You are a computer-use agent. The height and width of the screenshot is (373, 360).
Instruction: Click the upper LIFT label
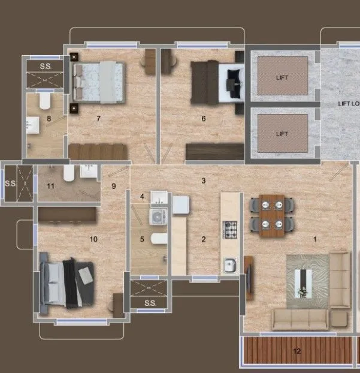click(282, 78)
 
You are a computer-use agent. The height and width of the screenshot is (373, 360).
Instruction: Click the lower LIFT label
click(282, 134)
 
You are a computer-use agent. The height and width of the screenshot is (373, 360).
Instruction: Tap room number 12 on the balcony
click(297, 351)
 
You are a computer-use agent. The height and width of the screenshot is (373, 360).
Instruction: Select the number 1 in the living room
click(316, 239)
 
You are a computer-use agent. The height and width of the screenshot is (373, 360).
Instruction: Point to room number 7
click(98, 119)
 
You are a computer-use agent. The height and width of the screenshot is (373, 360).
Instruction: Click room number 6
click(203, 119)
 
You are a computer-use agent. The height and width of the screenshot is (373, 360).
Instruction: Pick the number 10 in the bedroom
click(93, 239)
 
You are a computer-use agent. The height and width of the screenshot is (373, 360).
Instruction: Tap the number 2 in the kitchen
click(204, 240)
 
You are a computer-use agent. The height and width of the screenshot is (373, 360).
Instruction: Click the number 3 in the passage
click(204, 181)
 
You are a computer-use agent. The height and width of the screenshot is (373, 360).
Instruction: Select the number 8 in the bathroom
click(49, 119)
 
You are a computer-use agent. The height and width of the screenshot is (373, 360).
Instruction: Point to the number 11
click(51, 186)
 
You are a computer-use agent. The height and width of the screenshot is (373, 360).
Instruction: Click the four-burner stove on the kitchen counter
click(231, 227)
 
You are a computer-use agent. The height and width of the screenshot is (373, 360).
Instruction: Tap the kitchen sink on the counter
click(230, 263)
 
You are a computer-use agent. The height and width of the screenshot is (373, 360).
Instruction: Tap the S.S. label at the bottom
click(150, 303)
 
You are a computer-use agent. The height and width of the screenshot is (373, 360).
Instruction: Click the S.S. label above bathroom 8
click(45, 67)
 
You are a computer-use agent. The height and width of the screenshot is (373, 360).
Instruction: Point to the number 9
click(114, 186)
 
